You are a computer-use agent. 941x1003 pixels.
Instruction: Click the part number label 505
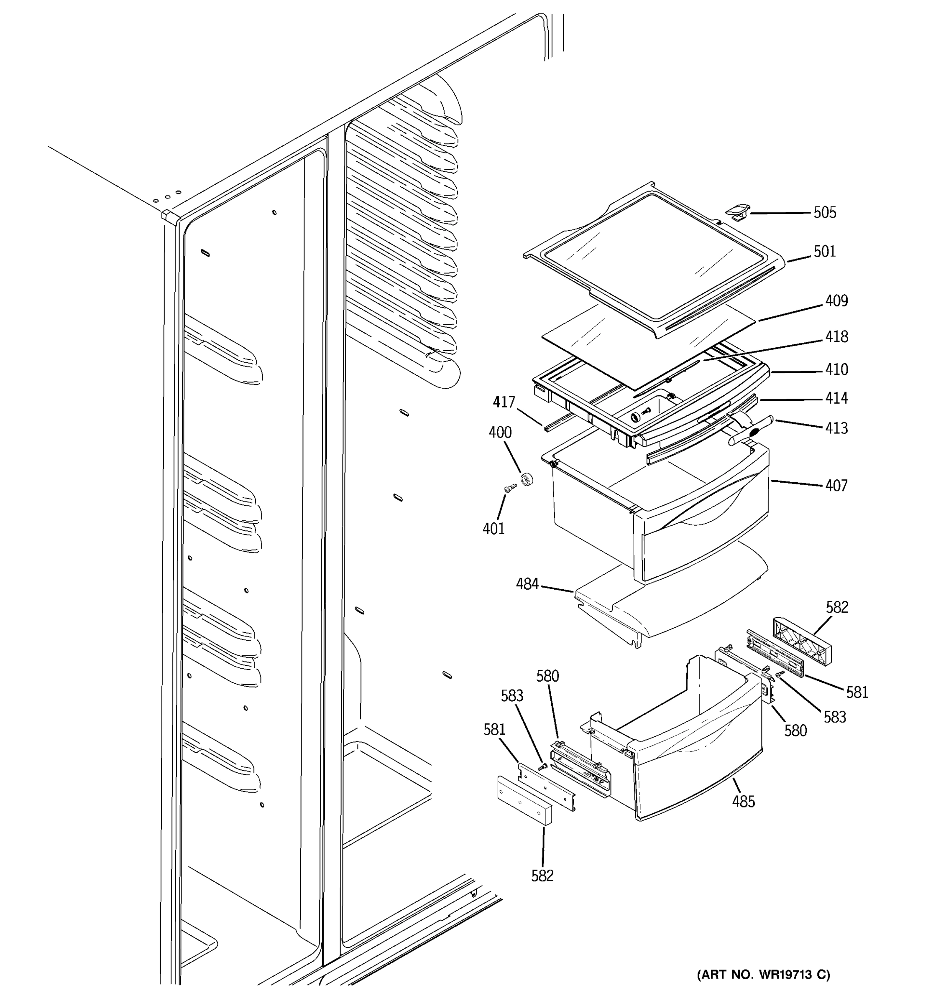(x=824, y=212)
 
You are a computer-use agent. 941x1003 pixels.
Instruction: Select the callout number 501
(x=824, y=251)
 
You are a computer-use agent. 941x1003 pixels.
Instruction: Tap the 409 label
(x=836, y=301)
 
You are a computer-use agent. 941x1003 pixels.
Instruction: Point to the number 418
(x=836, y=336)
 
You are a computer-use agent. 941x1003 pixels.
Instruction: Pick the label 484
(x=527, y=584)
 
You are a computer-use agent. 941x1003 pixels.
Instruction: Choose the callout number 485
(x=743, y=801)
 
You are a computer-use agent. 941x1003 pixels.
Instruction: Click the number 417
(x=504, y=402)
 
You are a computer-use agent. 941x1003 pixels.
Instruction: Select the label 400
(x=500, y=433)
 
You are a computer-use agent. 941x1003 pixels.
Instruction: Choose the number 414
(x=836, y=398)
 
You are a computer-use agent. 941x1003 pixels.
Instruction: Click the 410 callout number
(x=836, y=369)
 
